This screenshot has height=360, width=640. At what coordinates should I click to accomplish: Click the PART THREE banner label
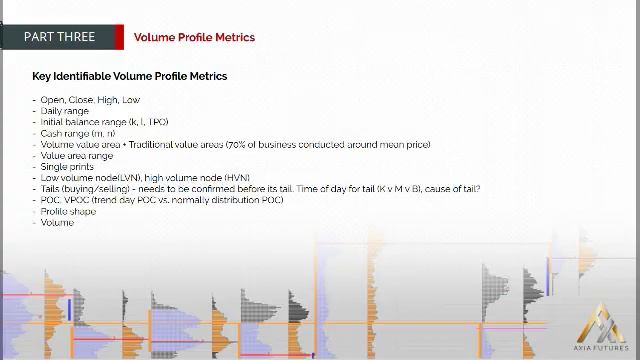coord(59,37)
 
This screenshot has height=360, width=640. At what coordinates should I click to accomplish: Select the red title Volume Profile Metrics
coord(194,37)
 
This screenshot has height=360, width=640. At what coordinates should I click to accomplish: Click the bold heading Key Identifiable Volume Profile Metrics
coord(129,76)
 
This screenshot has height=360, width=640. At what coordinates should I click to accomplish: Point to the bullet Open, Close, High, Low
coord(90,100)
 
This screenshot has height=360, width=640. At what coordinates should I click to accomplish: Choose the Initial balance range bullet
coord(104,122)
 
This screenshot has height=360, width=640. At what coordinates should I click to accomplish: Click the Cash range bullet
coord(77,133)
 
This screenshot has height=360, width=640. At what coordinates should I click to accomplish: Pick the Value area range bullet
coord(77,156)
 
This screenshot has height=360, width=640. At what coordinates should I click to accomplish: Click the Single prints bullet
coord(67,167)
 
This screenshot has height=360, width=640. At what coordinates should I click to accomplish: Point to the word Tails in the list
coord(51,189)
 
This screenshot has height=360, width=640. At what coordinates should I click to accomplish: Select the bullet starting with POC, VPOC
coord(161,200)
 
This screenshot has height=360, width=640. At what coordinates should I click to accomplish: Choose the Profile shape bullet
coord(68,211)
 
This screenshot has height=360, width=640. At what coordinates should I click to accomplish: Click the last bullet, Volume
coord(57,222)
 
